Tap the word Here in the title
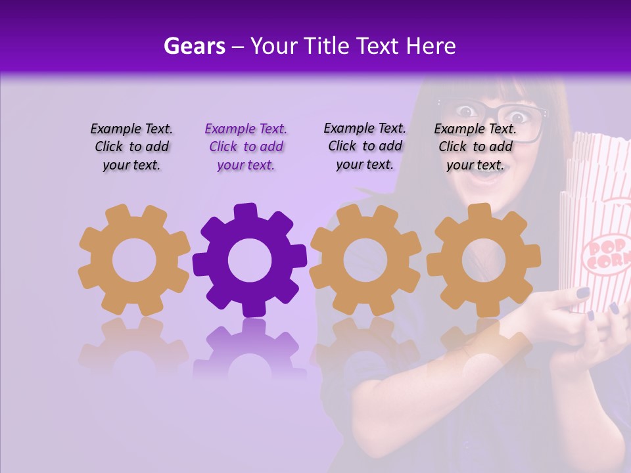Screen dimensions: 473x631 pyautogui.click(x=431, y=46)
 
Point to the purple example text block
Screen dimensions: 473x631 pyautogui.click(x=246, y=147)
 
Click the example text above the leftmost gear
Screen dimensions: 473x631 pyautogui.click(x=131, y=147)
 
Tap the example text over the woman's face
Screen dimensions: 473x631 pyautogui.click(x=475, y=147)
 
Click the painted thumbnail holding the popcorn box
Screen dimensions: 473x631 pyautogui.click(x=582, y=292)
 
